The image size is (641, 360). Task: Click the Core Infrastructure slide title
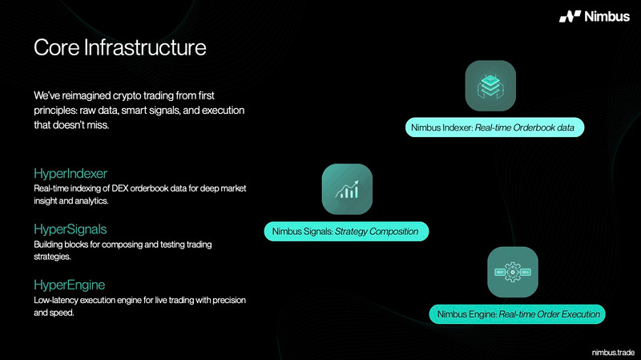(x=119, y=47)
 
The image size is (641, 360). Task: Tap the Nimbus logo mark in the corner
(x=570, y=16)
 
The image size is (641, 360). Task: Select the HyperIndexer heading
(x=71, y=173)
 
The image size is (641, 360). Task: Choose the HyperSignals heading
(x=71, y=229)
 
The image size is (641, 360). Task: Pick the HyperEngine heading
(x=70, y=285)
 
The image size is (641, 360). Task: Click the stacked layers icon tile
(x=490, y=86)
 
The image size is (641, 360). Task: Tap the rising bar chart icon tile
(x=347, y=189)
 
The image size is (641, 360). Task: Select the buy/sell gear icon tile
(x=513, y=272)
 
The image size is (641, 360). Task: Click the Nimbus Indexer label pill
(x=494, y=127)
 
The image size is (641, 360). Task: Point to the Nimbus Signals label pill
(x=346, y=232)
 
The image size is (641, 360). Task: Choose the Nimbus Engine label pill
(x=517, y=314)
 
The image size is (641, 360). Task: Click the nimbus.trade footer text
(x=613, y=352)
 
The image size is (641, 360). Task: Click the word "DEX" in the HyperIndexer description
(x=120, y=188)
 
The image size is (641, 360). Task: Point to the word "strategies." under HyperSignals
(x=52, y=257)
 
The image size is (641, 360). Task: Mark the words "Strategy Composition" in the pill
(x=377, y=232)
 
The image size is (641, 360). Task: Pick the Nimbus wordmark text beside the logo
(x=607, y=16)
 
